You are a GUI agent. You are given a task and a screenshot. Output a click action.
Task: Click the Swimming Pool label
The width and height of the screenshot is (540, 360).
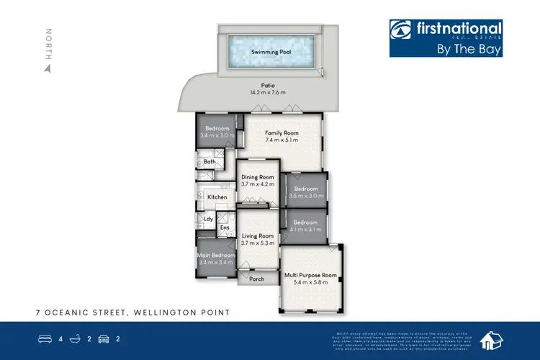(267, 52)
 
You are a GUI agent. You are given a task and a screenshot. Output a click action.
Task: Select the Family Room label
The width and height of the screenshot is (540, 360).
(282, 133)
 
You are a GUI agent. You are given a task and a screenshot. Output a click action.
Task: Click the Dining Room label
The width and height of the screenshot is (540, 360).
(258, 177)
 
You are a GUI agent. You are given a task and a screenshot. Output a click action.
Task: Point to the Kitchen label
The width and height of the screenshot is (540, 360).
(217, 197)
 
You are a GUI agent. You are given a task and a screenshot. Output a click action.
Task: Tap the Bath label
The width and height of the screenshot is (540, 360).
(210, 162)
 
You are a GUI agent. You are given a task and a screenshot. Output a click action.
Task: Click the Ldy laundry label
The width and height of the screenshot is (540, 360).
(208, 219)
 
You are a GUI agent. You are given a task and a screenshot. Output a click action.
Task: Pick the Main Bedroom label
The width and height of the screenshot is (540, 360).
(217, 256)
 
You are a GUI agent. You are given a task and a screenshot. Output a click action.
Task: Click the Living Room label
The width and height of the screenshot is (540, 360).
(257, 236)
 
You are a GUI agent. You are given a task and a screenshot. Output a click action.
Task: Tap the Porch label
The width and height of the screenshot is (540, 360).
(256, 279)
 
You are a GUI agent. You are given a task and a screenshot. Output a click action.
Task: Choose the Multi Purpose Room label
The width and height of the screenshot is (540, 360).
(310, 275)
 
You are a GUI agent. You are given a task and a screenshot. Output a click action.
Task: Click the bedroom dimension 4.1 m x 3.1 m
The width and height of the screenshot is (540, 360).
(305, 230)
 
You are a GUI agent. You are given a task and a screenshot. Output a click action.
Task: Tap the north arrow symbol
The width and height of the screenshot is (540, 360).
(48, 69)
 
